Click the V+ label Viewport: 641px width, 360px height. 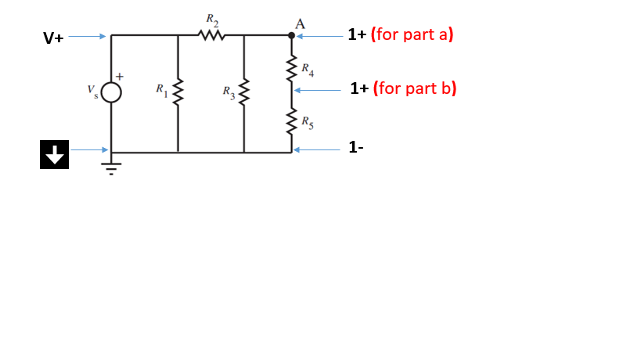[54, 38]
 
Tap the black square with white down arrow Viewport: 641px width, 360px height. [53, 154]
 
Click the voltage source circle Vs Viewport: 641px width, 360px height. [111, 93]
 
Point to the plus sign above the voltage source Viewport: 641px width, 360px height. [121, 76]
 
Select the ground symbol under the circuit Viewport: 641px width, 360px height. [111, 166]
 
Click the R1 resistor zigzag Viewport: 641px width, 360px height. [178, 93]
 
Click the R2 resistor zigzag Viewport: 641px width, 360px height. [211, 35]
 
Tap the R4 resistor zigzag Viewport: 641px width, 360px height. [293, 69]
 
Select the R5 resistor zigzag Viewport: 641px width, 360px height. [293, 123]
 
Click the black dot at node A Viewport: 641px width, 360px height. [292, 35]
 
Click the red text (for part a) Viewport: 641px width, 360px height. [412, 34]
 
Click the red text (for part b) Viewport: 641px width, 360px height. [415, 88]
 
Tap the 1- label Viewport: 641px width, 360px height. [356, 147]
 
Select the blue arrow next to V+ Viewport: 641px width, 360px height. [88, 36]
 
